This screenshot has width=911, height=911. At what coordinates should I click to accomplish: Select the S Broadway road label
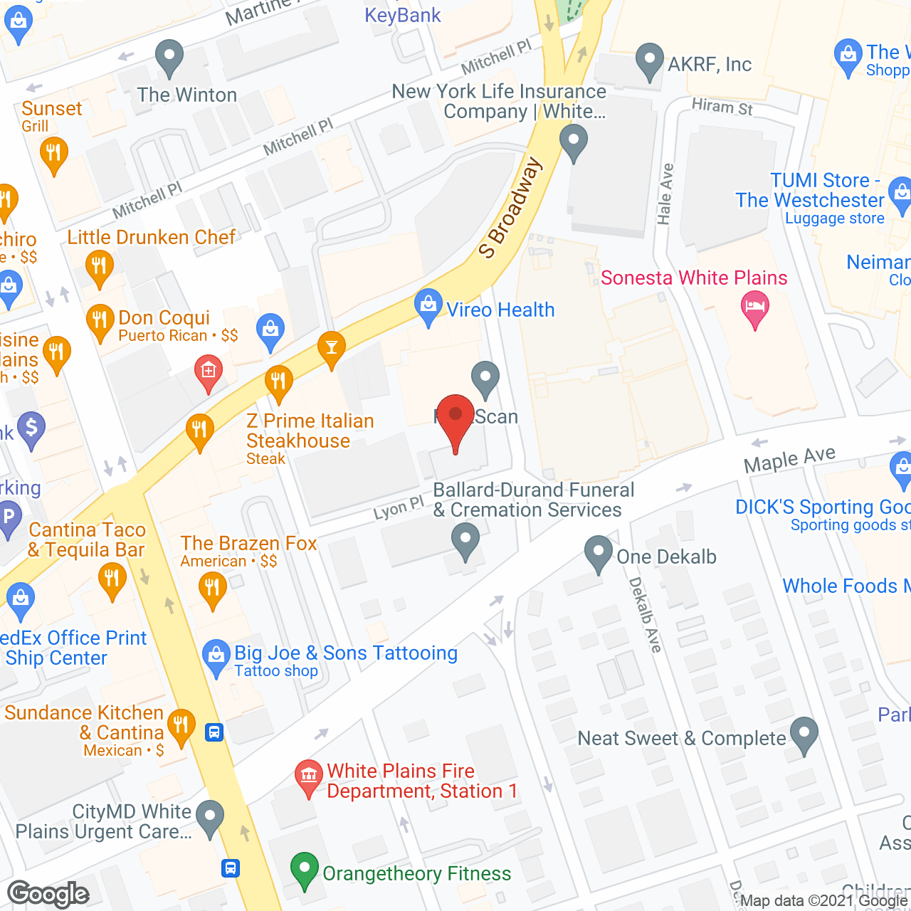tap(510, 208)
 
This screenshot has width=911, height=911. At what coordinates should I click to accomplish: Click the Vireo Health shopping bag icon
tap(428, 307)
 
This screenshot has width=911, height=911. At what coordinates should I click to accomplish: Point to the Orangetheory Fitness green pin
tap(305, 870)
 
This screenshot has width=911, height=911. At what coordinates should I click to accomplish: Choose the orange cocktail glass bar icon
tap(331, 348)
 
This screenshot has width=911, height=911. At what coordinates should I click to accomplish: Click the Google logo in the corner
tap(48, 894)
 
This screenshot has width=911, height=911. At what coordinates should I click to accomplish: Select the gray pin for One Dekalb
tap(599, 553)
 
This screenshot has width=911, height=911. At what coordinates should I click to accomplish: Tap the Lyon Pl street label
tap(399, 508)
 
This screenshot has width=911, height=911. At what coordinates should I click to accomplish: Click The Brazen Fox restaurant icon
tap(212, 589)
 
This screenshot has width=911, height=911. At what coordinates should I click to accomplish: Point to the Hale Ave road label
tap(665, 194)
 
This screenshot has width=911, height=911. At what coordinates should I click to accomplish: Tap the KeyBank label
tap(403, 15)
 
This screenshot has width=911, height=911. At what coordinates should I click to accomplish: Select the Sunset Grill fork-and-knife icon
tap(54, 154)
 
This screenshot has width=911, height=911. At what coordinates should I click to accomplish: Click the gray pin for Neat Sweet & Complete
tap(804, 734)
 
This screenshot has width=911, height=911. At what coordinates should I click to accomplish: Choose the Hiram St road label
tap(722, 107)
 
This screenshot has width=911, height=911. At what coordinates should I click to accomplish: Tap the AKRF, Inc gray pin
tap(649, 60)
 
